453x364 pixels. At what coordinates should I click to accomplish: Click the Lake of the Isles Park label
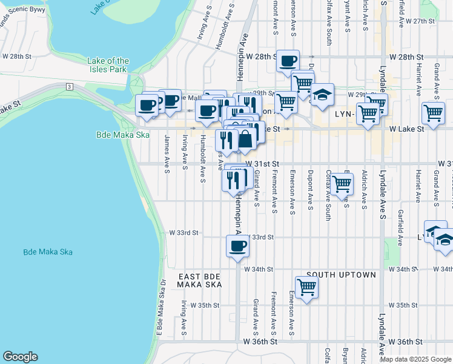coord(108,65)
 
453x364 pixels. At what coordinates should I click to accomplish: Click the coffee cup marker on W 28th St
coord(288,60)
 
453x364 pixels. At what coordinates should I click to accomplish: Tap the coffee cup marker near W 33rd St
coord(237,246)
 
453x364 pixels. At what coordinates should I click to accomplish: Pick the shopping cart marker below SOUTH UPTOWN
coord(307,287)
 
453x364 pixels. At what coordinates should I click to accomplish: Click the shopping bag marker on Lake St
coord(245,139)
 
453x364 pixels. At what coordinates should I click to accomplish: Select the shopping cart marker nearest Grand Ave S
coord(433,112)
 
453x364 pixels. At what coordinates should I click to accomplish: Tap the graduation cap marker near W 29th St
coord(323,94)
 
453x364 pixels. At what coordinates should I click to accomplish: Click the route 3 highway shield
coord(70,87)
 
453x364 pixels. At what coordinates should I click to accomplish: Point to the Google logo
coord(20,357)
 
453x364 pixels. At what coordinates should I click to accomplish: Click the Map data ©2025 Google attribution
coord(415,359)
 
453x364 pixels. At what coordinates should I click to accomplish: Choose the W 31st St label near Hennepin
coord(262,164)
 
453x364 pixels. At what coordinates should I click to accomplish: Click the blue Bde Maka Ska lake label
coord(48,252)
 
